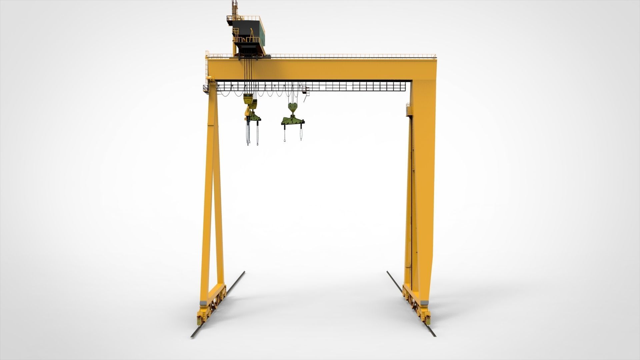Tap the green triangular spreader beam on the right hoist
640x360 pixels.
(293, 120)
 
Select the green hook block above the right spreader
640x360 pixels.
(292, 107)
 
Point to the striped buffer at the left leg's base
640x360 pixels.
(199, 320)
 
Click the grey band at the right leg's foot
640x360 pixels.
(424, 303)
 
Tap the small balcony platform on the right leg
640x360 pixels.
(409, 110)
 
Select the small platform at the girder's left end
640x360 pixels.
(206, 88)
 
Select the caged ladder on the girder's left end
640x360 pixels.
(207, 68)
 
